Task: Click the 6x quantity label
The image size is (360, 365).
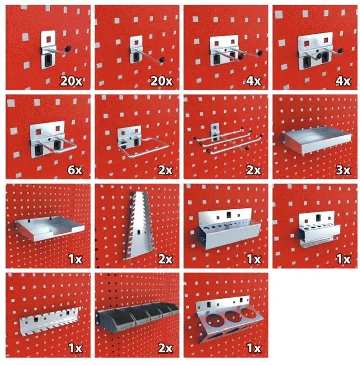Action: pos(75,170)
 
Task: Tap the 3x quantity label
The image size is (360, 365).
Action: pos(343,170)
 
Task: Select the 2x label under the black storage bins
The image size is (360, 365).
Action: pos(165,348)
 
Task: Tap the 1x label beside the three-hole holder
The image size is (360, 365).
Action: pos(254,348)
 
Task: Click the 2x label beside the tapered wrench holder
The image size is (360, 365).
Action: pos(165,259)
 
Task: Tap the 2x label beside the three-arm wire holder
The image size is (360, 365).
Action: pos(254,170)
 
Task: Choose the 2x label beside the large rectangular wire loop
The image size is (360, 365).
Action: pos(165,170)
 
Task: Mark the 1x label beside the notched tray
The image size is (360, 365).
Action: pos(75,259)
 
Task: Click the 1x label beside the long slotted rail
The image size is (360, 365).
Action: pos(75,348)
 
